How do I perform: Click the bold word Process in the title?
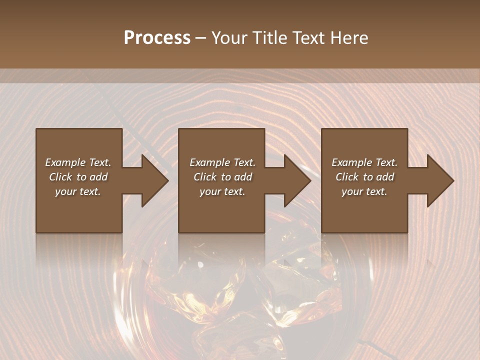pyautogui.click(x=157, y=38)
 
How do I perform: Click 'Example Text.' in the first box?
pyautogui.click(x=78, y=162)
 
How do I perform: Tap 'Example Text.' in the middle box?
pyautogui.click(x=222, y=162)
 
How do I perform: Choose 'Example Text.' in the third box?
pyautogui.click(x=364, y=162)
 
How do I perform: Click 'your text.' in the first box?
pyautogui.click(x=78, y=191)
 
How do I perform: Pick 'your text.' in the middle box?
pyautogui.click(x=222, y=191)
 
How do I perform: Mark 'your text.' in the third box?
pyautogui.click(x=364, y=191)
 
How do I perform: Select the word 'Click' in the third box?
pyautogui.click(x=347, y=177)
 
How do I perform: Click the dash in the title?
pyautogui.click(x=200, y=38)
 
